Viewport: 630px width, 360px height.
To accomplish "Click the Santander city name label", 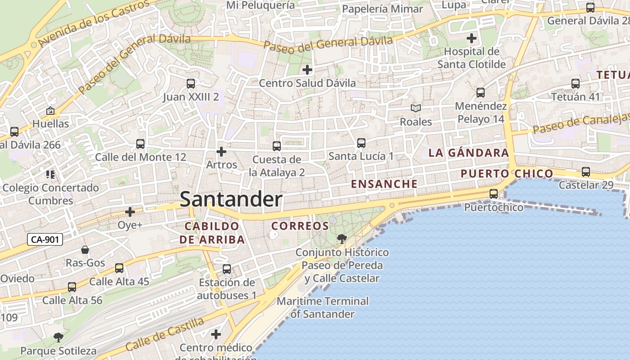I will [x=231, y=199].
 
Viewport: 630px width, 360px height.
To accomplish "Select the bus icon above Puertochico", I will [x=494, y=194].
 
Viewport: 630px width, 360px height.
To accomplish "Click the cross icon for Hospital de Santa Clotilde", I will [x=472, y=38].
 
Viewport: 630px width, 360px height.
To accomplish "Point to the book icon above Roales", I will [x=416, y=108].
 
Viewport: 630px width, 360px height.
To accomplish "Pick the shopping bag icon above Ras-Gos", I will [x=85, y=250].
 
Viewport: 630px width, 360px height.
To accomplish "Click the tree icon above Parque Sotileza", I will [x=58, y=337].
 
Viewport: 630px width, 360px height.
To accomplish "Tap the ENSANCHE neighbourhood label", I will [x=384, y=184].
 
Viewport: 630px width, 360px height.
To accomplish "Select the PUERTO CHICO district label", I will [x=507, y=174].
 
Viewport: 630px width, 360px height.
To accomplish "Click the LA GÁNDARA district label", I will [x=468, y=153].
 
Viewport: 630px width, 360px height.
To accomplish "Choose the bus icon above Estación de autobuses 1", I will [x=227, y=269].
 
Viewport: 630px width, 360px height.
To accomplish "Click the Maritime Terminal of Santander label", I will [x=323, y=307].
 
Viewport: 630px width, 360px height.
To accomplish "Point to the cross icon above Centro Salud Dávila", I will [x=307, y=70].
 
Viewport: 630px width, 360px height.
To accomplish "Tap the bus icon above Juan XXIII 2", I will [x=191, y=84].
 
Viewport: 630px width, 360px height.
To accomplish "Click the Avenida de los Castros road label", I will [x=93, y=23].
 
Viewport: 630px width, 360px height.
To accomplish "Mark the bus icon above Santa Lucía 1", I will [x=361, y=143].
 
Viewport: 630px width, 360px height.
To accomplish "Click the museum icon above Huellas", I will [x=50, y=111].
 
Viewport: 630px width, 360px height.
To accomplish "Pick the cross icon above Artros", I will [x=221, y=152].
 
